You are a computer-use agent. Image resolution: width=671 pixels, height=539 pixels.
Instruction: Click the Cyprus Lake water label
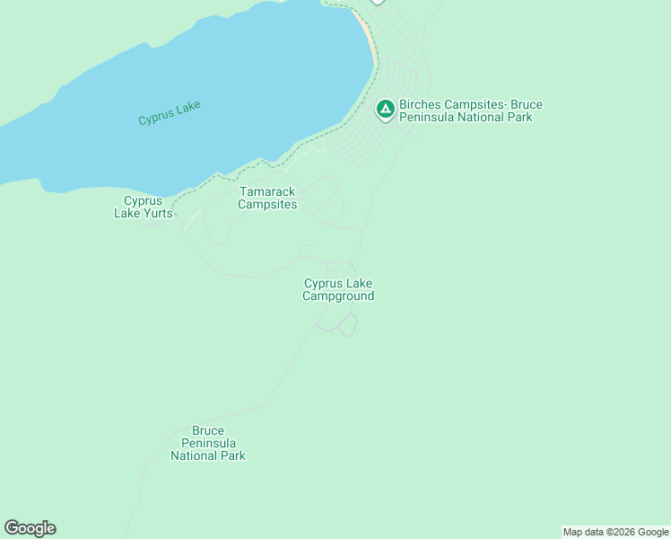coord(170,112)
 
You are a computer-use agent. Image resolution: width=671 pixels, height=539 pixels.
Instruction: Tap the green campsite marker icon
coord(385,110)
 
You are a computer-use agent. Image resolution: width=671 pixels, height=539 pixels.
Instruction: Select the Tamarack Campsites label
coord(267,198)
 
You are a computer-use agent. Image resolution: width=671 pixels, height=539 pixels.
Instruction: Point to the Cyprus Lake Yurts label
coord(143,207)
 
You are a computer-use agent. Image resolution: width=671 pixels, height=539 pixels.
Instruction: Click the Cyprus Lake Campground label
coord(338,289)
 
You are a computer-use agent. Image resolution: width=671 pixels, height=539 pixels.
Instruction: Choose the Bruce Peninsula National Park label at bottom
coord(208,443)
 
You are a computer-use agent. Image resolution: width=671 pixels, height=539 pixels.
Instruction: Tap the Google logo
coord(30,528)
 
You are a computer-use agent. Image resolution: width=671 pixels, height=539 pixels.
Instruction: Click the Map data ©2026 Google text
coord(616,532)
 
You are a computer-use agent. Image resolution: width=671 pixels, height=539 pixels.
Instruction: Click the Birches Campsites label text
coord(471,110)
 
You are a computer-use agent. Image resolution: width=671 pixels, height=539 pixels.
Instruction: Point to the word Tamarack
coord(267,191)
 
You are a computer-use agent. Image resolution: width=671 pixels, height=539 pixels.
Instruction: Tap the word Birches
coord(421,104)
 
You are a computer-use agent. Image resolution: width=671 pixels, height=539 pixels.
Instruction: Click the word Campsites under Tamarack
coord(267,205)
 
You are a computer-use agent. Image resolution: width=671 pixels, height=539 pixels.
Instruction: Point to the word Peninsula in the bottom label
coord(208,443)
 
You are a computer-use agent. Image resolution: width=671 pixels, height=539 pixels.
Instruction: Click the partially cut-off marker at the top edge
coord(378,2)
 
